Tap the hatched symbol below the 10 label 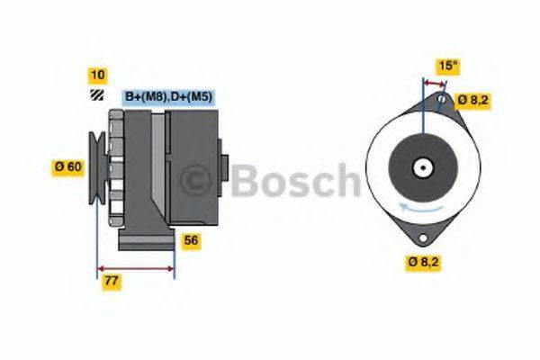pos(94,96)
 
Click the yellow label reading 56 pos(191,240)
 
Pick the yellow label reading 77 pos(112,282)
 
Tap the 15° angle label pos(446,65)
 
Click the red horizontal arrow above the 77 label pos(136,267)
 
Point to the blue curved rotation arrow pos(420,209)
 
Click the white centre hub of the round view pos(421,167)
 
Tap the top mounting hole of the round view pos(443,98)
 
